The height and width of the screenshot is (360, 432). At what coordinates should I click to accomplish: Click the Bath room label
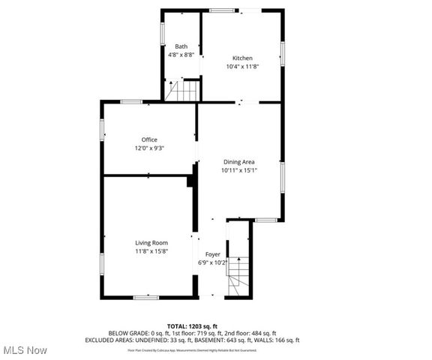pyautogui.click(x=181, y=46)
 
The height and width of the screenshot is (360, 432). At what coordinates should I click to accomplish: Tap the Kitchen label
pyautogui.click(x=242, y=58)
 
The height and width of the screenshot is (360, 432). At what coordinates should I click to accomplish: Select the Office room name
pyautogui.click(x=149, y=139)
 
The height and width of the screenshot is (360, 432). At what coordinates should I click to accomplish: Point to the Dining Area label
pyautogui.click(x=239, y=162)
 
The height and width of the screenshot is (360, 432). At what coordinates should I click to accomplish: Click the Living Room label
pyautogui.click(x=151, y=242)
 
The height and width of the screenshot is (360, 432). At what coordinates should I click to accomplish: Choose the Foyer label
pyautogui.click(x=213, y=255)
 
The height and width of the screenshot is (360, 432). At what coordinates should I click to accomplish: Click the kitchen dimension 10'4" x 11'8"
pyautogui.click(x=242, y=67)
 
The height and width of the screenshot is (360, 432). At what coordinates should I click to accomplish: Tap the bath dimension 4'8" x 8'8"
pyautogui.click(x=181, y=55)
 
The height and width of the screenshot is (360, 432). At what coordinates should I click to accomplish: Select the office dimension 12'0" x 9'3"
pyautogui.click(x=149, y=148)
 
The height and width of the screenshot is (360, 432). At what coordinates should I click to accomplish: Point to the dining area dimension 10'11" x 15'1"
pyautogui.click(x=239, y=170)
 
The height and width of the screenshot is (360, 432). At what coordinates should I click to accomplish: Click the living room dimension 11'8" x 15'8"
pyautogui.click(x=151, y=250)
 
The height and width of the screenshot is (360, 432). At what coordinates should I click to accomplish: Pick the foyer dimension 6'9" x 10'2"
pyautogui.click(x=212, y=263)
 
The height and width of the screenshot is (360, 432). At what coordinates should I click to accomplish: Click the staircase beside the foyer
pyautogui.click(x=238, y=274)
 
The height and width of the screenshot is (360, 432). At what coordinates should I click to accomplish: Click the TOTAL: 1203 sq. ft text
pyautogui.click(x=192, y=326)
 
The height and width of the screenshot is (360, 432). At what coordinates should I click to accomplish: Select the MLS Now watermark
pyautogui.click(x=25, y=350)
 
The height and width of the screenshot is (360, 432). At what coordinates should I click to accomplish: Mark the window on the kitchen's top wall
pyautogui.click(x=220, y=10)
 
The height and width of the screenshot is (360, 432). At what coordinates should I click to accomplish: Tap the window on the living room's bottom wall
pyautogui.click(x=146, y=298)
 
